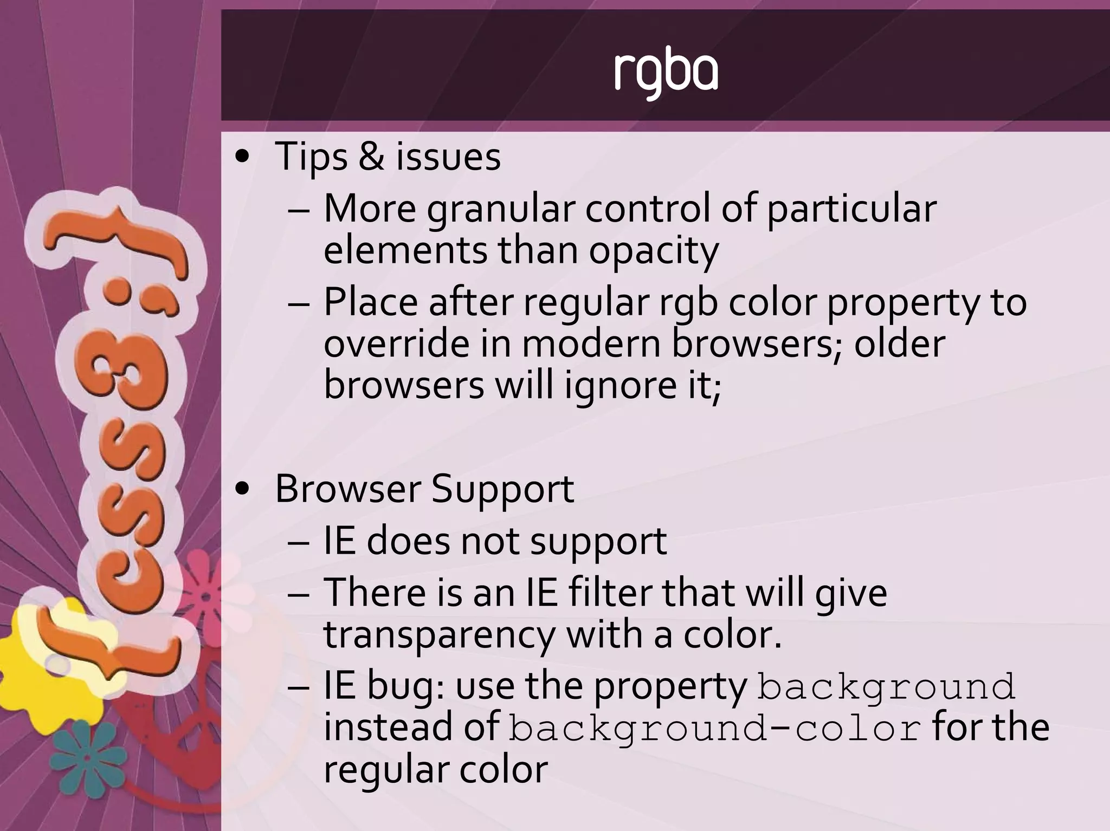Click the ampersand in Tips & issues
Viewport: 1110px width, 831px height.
[x=371, y=157]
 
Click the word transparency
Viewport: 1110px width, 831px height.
[x=439, y=635]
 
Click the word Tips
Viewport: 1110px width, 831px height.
[x=311, y=157]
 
